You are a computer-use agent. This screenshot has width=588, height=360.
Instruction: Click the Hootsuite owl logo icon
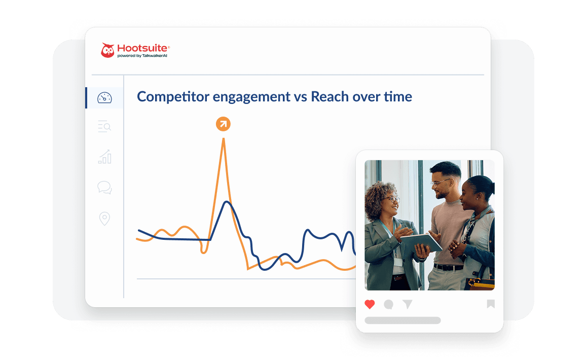[x=107, y=50]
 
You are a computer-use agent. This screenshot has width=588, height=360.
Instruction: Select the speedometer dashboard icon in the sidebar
[x=104, y=98]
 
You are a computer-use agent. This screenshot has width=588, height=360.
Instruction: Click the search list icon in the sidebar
[x=104, y=127]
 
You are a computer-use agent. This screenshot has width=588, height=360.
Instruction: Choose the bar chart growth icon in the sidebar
[x=104, y=157]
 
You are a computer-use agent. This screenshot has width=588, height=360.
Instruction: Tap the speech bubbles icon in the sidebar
[x=104, y=188]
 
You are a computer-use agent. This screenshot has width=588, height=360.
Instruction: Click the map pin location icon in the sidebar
[x=104, y=219]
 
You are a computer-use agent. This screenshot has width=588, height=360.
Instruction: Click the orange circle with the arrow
[x=223, y=124]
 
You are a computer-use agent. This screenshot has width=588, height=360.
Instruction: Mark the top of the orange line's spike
[x=224, y=139]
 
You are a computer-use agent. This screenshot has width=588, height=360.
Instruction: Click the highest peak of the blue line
[x=227, y=202]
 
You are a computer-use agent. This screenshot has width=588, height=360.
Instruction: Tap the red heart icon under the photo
[x=370, y=304]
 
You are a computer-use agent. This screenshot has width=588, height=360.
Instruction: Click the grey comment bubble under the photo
[x=389, y=304]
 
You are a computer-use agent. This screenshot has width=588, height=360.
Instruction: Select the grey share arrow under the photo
[x=408, y=304]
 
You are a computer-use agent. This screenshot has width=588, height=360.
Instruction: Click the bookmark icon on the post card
[x=491, y=304]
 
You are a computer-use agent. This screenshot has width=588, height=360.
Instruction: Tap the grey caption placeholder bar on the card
[x=402, y=320]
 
